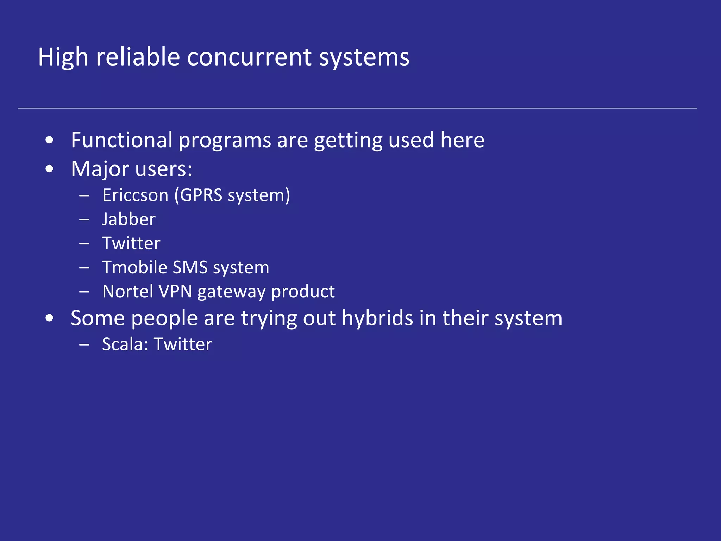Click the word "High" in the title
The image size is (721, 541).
(63, 57)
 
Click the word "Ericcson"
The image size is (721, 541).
(135, 195)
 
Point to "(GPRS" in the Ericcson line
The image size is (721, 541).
(199, 195)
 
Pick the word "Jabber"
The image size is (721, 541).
(129, 219)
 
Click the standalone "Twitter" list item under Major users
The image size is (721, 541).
(131, 243)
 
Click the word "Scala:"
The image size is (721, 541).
(125, 344)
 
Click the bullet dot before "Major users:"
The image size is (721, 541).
(50, 169)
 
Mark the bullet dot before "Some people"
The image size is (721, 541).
(50, 318)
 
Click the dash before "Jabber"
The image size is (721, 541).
(84, 220)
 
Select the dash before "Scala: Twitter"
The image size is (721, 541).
(84, 345)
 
